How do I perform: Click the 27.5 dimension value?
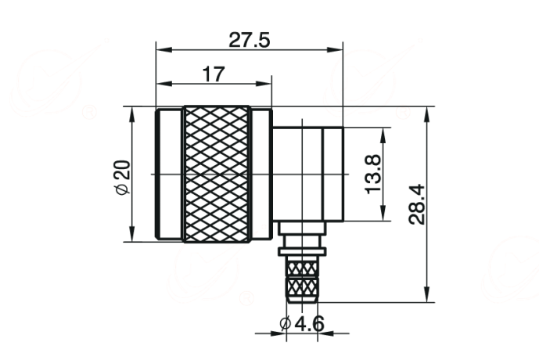(x=250, y=40)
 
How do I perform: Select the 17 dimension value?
(x=214, y=74)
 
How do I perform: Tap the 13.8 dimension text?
(x=373, y=174)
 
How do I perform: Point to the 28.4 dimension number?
(x=417, y=204)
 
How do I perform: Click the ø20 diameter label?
(x=123, y=178)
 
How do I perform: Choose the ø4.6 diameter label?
(x=302, y=323)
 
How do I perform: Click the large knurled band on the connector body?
(x=217, y=174)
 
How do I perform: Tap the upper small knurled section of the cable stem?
(x=302, y=268)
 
